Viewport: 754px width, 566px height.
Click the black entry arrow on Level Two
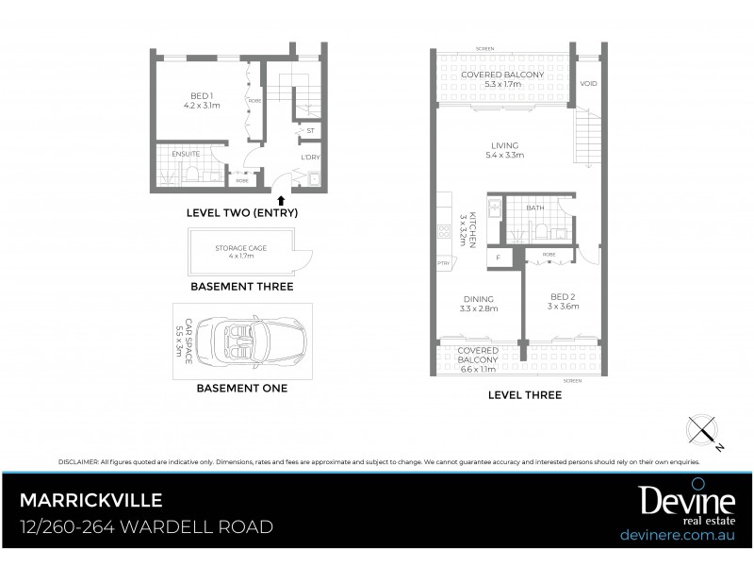pos(280,198)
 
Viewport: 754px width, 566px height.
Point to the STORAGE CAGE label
pos(241,247)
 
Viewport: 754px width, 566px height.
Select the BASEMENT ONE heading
pos(241,387)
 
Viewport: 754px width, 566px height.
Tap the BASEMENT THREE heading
pos(241,286)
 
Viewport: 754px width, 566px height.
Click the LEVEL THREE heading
pos(524,395)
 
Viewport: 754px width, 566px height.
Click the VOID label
pos(588,84)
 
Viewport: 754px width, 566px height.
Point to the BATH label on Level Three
pos(535,208)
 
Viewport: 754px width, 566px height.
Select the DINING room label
pos(478,299)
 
